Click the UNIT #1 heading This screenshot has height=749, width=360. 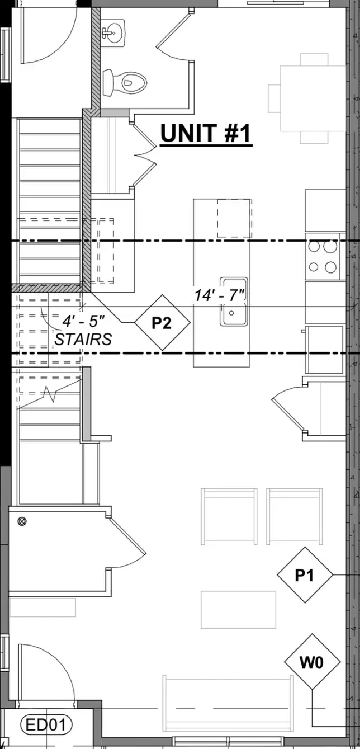(x=206, y=133)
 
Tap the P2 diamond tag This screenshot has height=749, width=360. (x=162, y=322)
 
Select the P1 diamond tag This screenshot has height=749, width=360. (x=305, y=575)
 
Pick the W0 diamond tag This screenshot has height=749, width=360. (x=312, y=661)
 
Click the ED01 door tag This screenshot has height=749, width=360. (x=46, y=725)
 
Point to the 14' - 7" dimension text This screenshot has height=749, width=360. (x=220, y=295)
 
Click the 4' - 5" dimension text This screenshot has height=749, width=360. (x=83, y=321)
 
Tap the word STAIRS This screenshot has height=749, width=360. (x=83, y=339)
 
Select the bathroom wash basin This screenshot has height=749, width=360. (x=113, y=32)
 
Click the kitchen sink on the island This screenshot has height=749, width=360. (x=234, y=301)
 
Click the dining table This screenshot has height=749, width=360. (x=313, y=98)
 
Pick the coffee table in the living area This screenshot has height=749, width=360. (x=238, y=610)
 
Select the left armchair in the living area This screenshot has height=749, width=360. (x=229, y=516)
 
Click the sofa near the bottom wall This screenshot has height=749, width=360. (x=228, y=712)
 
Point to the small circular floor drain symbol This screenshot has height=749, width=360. (x=22, y=521)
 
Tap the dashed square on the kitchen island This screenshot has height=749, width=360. (x=234, y=218)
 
